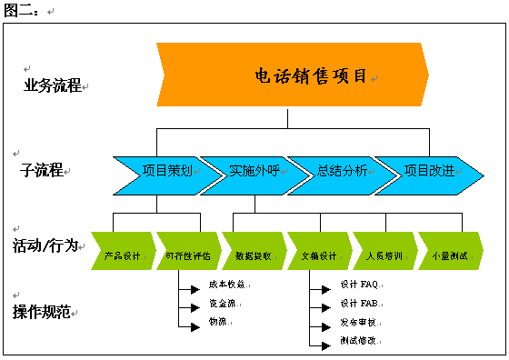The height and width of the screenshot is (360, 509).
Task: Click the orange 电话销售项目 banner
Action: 291,75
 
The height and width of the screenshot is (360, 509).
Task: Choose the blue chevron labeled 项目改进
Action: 425,170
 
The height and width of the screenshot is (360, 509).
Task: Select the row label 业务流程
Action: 52,86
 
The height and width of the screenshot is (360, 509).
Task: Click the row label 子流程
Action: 42,169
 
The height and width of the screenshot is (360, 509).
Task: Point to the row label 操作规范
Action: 44,312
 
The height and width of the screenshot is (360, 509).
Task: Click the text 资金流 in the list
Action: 220,303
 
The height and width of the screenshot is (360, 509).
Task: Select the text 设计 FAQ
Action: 358,285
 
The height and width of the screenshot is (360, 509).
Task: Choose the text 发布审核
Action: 358,323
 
